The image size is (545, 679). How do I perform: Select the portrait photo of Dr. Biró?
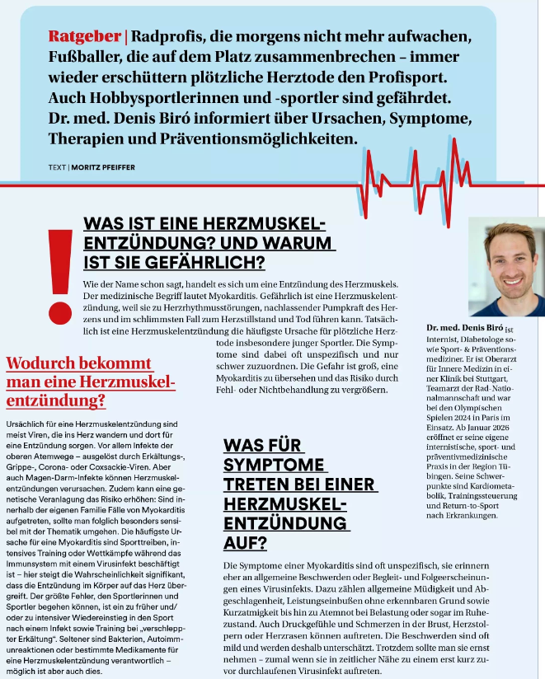[x=506, y=266]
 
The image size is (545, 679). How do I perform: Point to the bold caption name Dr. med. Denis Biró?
[x=464, y=328]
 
